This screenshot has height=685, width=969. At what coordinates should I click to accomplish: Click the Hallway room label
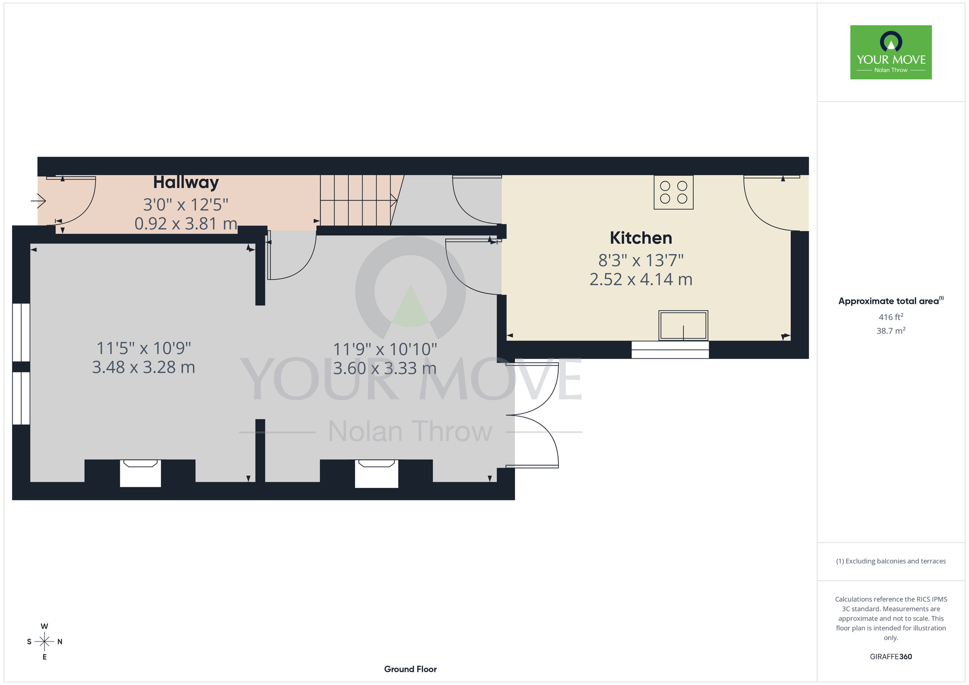point(186,183)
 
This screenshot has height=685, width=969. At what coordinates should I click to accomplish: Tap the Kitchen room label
point(641,238)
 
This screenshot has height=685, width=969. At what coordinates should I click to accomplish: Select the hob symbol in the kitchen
point(673,192)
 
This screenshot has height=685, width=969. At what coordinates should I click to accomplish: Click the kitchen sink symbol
point(683,326)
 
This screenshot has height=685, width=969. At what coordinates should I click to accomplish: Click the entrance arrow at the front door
point(38,200)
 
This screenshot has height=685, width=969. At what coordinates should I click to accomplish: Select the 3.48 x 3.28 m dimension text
point(144,367)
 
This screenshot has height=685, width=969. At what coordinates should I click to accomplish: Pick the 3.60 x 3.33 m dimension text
point(385,368)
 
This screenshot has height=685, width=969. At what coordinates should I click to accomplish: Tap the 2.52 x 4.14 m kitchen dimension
point(641,280)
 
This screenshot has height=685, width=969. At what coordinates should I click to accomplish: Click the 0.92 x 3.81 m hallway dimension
point(186,224)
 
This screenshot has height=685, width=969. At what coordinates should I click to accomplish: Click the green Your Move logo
point(891,52)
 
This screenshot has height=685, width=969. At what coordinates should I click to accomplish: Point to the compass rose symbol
point(45,641)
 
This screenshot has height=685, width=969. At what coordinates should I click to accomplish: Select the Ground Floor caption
point(410,669)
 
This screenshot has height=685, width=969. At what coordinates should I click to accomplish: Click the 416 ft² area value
point(891,317)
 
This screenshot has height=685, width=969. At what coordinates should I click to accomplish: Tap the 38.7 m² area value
point(891,331)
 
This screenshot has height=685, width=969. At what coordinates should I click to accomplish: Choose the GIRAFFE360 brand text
point(891,657)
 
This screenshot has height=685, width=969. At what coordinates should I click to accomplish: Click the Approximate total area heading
point(891,301)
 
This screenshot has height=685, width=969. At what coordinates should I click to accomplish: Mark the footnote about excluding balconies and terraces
point(891,561)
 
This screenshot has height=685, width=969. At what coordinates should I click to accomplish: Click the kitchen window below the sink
point(670,350)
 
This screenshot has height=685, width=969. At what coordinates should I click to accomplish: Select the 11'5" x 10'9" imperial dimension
point(144,348)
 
